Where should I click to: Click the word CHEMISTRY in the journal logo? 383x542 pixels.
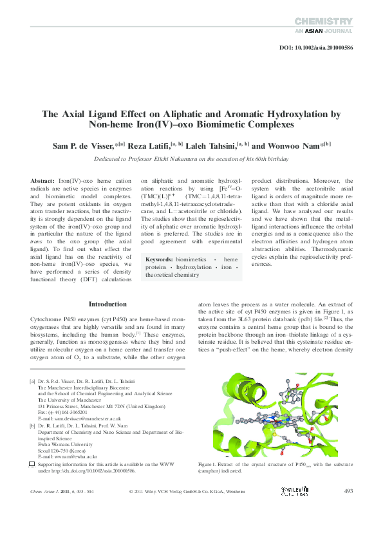(x=324, y=21)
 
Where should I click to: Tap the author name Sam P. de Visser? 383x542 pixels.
(x=83, y=145)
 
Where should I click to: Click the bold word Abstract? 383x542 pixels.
(x=43, y=182)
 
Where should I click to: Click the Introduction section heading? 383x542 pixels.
(x=107, y=304)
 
